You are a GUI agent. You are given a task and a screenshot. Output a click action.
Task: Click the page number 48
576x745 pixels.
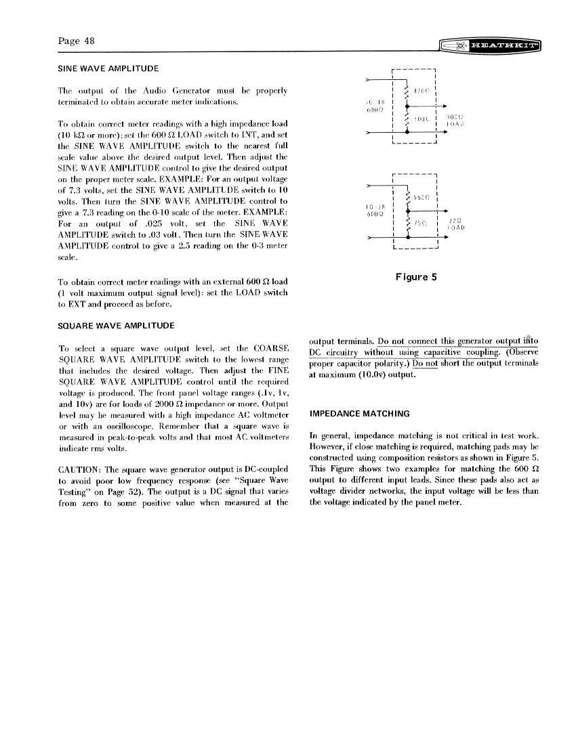[76, 41]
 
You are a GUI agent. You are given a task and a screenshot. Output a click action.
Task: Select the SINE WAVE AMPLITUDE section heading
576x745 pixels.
[108, 68]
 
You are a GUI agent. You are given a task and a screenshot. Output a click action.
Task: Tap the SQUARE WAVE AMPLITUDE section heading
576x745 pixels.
[117, 326]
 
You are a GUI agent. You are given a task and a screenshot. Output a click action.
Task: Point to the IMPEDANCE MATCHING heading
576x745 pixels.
[359, 413]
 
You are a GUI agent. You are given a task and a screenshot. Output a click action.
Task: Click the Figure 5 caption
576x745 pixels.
[416, 276]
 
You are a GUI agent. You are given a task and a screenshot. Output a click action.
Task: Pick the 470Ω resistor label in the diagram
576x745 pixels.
[421, 91]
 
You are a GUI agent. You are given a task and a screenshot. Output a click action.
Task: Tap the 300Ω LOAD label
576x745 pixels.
[455, 121]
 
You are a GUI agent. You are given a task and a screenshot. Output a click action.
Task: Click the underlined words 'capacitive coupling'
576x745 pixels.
[457, 352]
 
